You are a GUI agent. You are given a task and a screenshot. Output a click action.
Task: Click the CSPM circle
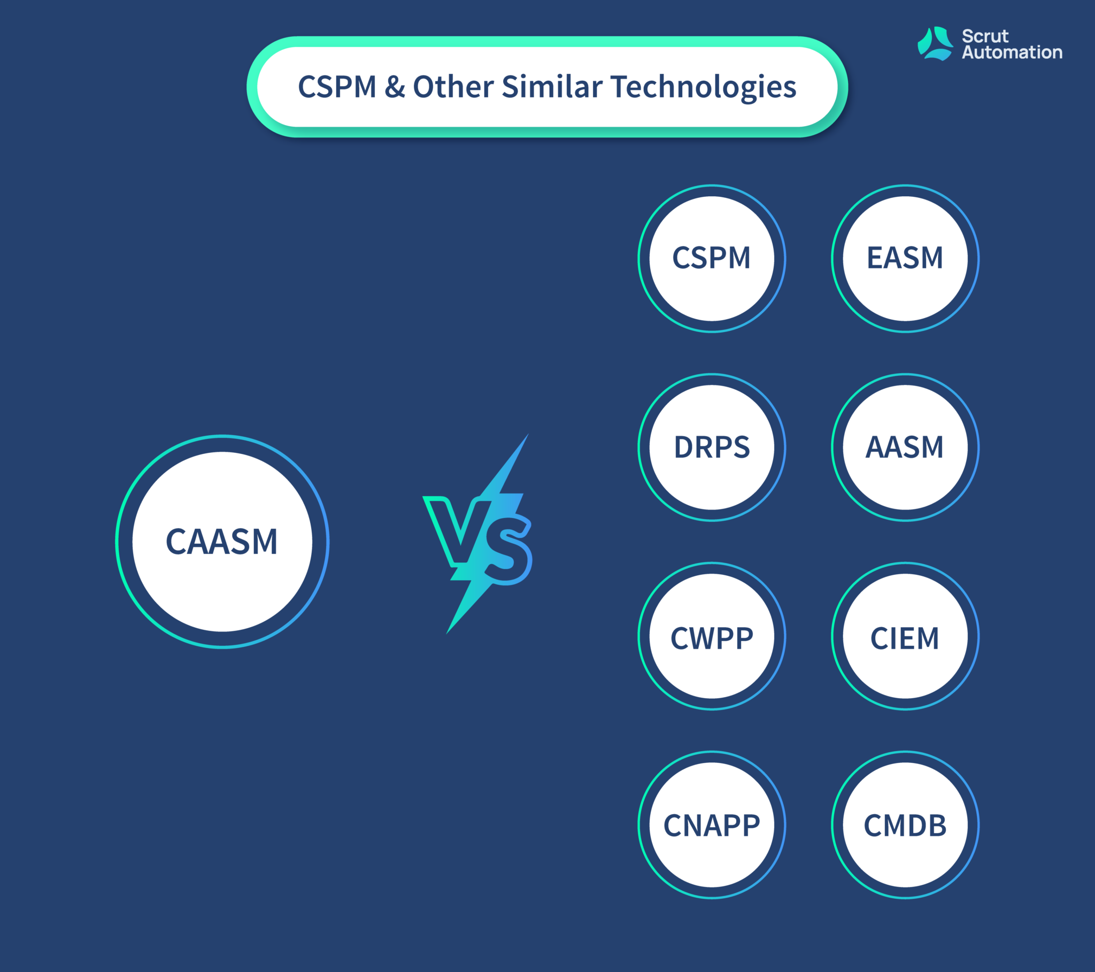(712, 259)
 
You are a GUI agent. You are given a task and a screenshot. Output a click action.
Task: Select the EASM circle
(905, 259)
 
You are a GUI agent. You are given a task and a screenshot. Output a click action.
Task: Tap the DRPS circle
(712, 448)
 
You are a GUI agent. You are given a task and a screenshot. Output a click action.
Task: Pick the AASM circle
(905, 448)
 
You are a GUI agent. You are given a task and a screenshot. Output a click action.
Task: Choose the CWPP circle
(712, 636)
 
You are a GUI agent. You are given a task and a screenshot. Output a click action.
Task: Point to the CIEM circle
(905, 636)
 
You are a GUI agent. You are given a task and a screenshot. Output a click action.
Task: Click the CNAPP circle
(712, 824)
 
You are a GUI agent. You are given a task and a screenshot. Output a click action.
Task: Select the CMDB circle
(905, 824)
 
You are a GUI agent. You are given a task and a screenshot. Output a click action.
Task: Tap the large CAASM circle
(222, 542)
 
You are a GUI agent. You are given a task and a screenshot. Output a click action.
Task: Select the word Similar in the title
(552, 86)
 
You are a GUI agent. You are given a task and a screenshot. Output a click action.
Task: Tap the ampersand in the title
(394, 87)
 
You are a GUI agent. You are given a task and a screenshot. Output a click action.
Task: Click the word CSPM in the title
(337, 87)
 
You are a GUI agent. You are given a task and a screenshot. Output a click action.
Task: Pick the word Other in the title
(453, 86)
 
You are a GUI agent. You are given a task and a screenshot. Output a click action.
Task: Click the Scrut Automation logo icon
(935, 44)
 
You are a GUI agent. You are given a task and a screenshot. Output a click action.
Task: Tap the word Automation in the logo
(1012, 52)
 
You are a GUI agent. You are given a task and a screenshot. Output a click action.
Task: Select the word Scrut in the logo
(985, 36)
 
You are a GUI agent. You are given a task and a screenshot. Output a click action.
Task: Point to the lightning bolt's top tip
(528, 434)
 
